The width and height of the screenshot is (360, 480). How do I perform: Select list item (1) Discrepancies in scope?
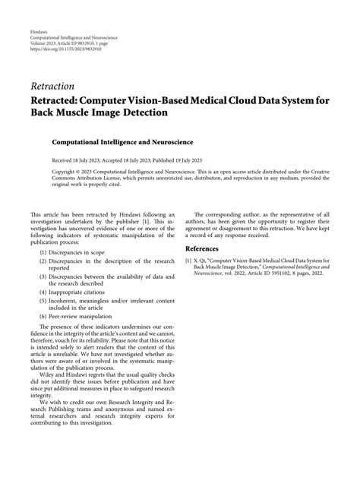tap(73, 251)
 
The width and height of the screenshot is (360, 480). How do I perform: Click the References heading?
tap(208, 248)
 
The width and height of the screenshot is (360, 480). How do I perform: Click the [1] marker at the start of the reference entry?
tap(188, 260)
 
